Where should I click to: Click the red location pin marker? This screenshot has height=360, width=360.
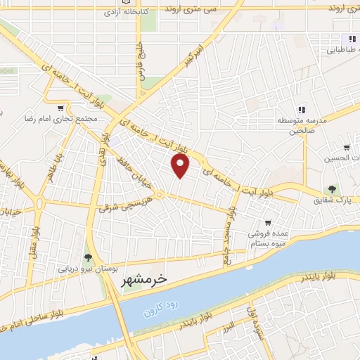tap(181, 166)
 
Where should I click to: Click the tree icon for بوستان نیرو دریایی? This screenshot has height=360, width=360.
tap(88, 258)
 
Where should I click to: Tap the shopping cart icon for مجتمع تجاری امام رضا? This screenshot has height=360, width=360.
tap(60, 108)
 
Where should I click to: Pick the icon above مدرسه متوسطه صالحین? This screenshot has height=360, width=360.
tap(302, 109)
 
